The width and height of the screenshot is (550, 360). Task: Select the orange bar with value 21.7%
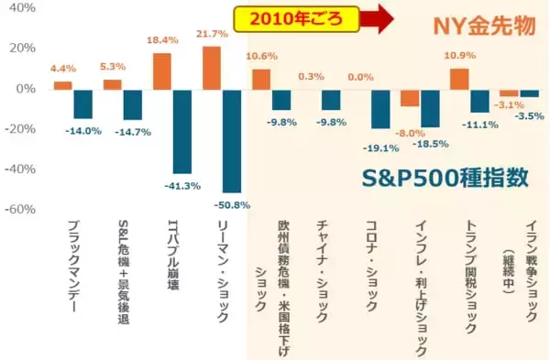tap(211, 68)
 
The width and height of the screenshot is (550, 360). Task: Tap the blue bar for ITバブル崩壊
tap(181, 131)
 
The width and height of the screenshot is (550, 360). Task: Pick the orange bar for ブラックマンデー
tap(62, 85)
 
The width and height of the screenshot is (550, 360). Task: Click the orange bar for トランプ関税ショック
tap(459, 79)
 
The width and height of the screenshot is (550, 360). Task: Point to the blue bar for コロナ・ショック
tap(380, 108)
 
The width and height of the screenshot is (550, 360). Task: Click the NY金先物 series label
tap(484, 27)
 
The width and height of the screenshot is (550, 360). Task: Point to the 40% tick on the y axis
tap(21, 8)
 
